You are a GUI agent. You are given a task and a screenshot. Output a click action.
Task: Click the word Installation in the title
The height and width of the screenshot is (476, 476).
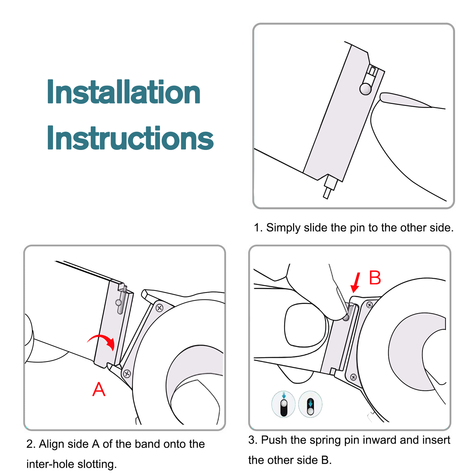pyautogui.click(x=123, y=92)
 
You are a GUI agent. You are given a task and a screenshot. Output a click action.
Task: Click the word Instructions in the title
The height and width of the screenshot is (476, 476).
pyautogui.click(x=130, y=138)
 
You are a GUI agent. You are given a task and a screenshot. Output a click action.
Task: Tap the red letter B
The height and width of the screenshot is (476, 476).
pyautogui.click(x=375, y=278)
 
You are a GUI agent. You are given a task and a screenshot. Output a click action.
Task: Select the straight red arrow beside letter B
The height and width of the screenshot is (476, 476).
pyautogui.click(x=356, y=283)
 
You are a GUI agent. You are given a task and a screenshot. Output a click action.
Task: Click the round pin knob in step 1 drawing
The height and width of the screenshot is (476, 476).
pyautogui.click(x=365, y=89)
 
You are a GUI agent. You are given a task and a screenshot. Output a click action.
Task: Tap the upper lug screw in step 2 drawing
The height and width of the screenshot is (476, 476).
pyautogui.click(x=159, y=308)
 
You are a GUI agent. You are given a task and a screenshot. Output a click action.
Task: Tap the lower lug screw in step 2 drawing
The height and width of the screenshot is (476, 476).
pyautogui.click(x=127, y=374)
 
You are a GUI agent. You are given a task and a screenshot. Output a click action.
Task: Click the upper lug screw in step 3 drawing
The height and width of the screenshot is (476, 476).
pyautogui.click(x=369, y=305)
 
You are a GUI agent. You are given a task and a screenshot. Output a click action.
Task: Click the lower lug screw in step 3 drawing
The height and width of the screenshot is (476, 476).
pyautogui.click(x=353, y=377)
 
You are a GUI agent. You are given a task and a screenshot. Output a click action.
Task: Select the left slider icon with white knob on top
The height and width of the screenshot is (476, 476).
pyautogui.click(x=284, y=404)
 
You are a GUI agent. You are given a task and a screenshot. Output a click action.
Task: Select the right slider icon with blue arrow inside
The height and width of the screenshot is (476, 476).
pyautogui.click(x=310, y=404)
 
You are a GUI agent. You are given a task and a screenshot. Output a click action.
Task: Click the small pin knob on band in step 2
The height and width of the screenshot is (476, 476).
pyautogui.click(x=118, y=303)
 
